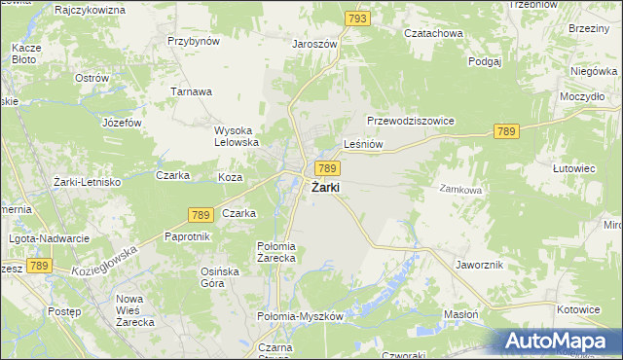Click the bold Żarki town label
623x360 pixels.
tap(325, 188)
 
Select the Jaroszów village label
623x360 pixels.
tap(314, 44)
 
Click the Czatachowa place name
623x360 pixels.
tap(435, 32)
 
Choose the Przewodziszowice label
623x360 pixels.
tap(411, 121)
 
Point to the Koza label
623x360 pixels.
tap(230, 177)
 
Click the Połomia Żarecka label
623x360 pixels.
tap(282, 252)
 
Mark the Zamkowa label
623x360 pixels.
tap(460, 190)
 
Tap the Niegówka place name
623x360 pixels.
tap(594, 71)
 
